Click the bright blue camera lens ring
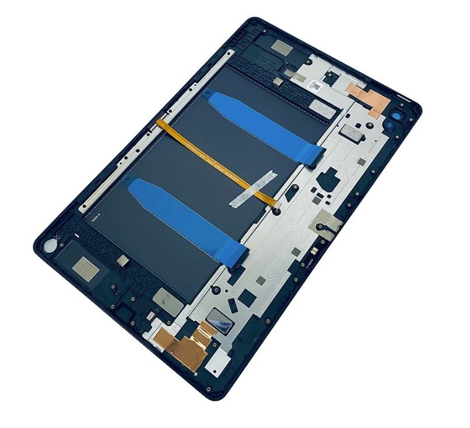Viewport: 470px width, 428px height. coord(401,115)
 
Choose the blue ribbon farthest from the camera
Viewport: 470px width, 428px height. coord(187,219)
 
